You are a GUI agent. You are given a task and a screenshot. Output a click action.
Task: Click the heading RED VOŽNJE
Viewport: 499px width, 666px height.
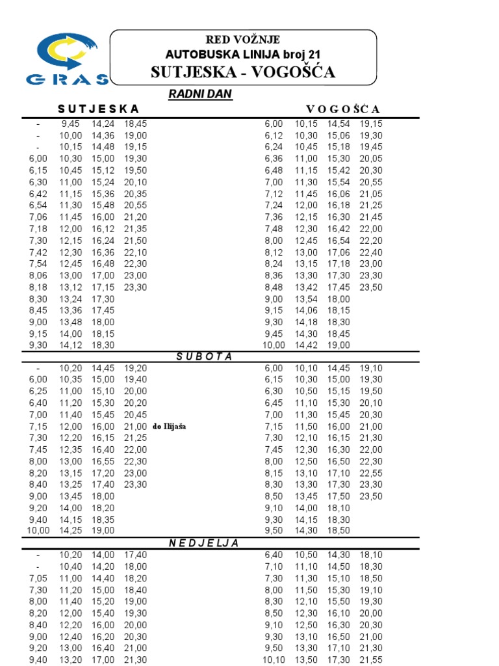(x=243, y=40)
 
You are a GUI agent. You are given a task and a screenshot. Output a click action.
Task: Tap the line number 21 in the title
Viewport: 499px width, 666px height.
(x=313, y=54)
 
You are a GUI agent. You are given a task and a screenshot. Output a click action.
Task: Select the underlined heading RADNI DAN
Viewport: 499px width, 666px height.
(x=200, y=95)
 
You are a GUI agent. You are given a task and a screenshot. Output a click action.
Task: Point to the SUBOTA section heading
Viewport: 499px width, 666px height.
(x=205, y=356)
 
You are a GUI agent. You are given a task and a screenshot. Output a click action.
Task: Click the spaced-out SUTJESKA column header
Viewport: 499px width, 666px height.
(x=97, y=109)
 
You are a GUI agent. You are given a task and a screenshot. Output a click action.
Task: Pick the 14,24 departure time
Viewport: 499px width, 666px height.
(x=103, y=124)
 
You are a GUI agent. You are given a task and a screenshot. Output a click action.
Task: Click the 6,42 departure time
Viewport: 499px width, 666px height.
(x=38, y=194)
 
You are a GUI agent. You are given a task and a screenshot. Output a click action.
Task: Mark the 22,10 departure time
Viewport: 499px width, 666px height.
(x=135, y=252)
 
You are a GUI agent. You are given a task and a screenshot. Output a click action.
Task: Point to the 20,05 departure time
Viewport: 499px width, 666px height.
(x=370, y=159)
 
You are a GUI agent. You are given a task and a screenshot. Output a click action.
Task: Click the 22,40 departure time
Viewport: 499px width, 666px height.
(x=370, y=252)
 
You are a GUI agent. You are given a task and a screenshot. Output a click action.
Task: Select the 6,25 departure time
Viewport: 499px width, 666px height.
(x=38, y=392)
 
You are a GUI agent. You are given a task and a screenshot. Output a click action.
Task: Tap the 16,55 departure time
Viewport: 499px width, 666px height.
(x=103, y=462)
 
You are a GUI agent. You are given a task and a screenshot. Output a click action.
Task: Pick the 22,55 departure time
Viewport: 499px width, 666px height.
(x=370, y=473)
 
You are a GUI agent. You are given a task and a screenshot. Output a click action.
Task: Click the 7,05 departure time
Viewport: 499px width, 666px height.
(x=38, y=578)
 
